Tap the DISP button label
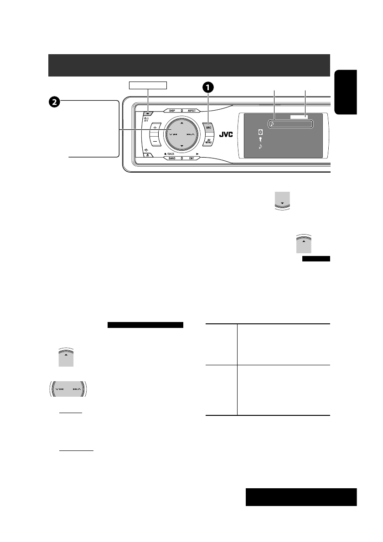tap(172, 110)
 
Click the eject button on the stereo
tap(149, 155)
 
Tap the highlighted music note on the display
tap(272, 123)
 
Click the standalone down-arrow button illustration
tap(282, 201)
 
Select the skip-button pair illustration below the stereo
tap(68, 390)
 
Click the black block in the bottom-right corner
tap(301, 497)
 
